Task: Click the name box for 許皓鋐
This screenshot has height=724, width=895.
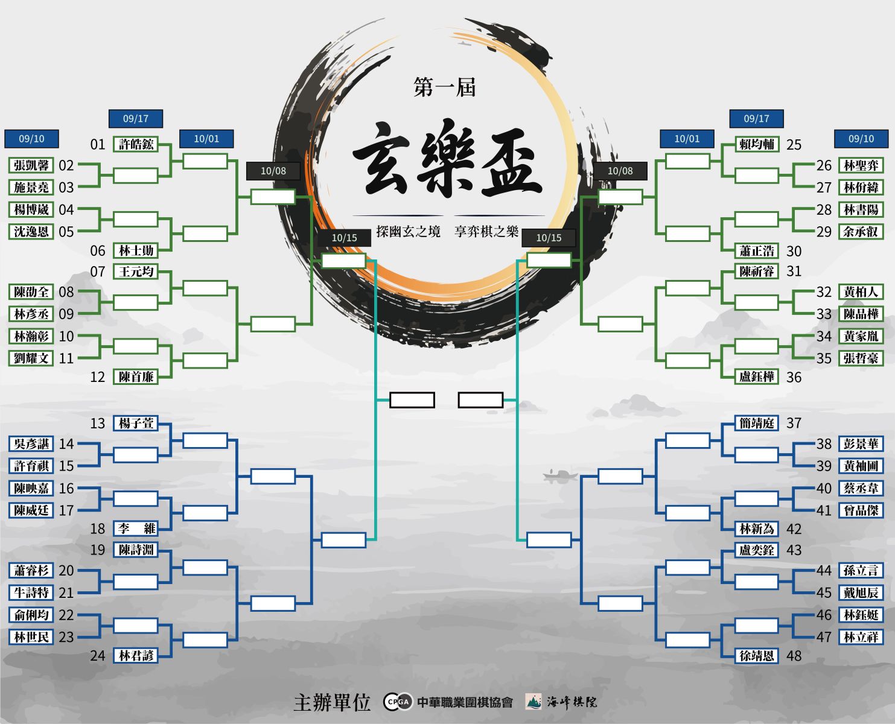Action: coord(136,144)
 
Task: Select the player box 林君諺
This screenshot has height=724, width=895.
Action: coord(136,655)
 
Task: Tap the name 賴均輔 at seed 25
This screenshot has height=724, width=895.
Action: coord(757,144)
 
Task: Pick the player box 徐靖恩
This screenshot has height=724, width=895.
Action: coord(757,656)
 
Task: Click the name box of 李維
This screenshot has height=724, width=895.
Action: coord(136,529)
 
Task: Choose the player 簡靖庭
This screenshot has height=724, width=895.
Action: coord(757,423)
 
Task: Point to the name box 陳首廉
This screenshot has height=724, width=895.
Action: coord(136,376)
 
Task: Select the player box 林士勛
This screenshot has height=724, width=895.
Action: coord(136,250)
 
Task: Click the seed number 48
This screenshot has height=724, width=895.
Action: coord(794,656)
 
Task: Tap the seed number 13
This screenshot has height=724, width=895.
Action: coord(98,424)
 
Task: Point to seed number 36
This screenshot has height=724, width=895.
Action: coord(794,377)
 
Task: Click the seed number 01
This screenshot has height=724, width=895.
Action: coord(98,144)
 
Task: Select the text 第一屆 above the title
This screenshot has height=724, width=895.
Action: coord(445,87)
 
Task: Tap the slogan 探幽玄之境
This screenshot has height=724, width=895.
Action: coord(408,231)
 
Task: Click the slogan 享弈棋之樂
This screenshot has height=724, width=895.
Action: coord(486,231)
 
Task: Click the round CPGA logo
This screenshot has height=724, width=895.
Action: coord(398,701)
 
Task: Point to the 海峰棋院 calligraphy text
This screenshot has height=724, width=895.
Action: coord(572,701)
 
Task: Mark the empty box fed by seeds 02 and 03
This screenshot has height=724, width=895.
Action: coord(136,176)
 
